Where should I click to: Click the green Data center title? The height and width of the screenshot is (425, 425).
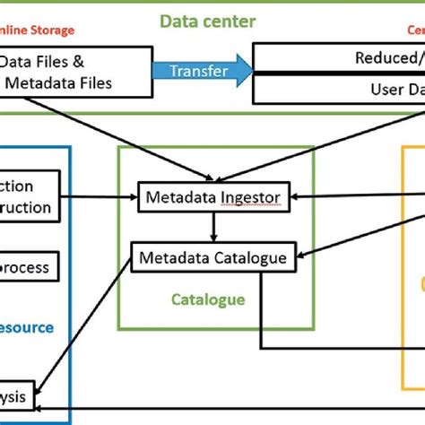207,21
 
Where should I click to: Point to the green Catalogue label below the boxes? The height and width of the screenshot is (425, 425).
208,299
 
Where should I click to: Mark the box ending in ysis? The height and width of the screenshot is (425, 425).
18,395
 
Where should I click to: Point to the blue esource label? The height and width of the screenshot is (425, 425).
27,328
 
